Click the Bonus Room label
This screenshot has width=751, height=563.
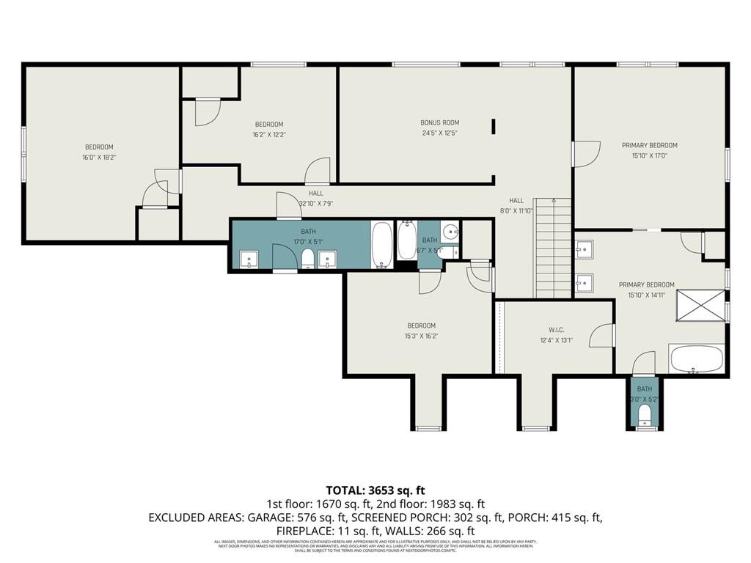click(x=440, y=122)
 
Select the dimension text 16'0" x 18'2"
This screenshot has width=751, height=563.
click(x=99, y=157)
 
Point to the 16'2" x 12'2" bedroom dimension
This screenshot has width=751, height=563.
click(x=268, y=135)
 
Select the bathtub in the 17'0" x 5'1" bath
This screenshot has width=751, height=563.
click(x=381, y=245)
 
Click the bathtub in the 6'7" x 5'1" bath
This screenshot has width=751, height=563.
click(x=406, y=240)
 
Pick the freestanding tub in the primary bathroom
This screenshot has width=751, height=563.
click(x=696, y=360)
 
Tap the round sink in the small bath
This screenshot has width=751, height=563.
click(x=450, y=235)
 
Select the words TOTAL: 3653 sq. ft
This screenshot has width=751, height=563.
click(x=375, y=490)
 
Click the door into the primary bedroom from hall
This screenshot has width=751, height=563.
click(x=585, y=153)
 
